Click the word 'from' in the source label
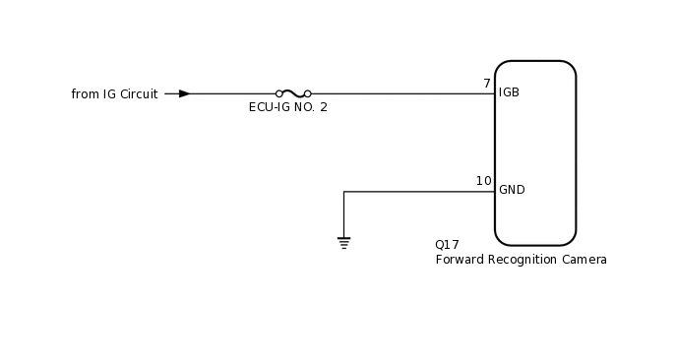(x=85, y=94)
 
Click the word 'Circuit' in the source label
(x=139, y=94)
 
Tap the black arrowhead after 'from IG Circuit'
(x=184, y=93)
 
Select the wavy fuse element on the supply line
(x=293, y=92)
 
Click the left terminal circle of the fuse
(x=280, y=93)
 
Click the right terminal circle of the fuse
(x=307, y=93)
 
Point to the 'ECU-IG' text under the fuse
(x=270, y=107)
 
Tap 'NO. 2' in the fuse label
(x=311, y=107)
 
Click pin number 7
(x=486, y=84)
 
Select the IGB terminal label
(x=509, y=92)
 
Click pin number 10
(x=483, y=181)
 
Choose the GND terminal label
(x=512, y=190)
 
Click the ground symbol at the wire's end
(x=343, y=242)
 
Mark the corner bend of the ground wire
(x=343, y=192)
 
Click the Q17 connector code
(x=447, y=245)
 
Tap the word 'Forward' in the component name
(x=460, y=261)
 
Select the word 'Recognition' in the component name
(x=524, y=261)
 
